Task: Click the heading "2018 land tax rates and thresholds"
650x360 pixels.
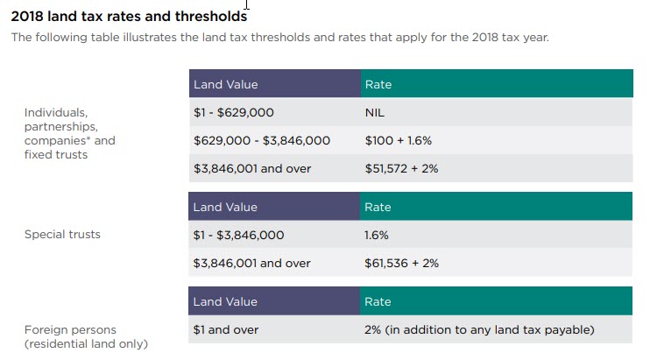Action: (x=128, y=16)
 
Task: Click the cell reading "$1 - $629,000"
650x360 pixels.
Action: (x=234, y=113)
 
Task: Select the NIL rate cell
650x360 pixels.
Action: (x=375, y=113)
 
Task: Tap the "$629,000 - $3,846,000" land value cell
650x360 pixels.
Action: (x=261, y=140)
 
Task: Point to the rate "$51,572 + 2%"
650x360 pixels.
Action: (x=401, y=168)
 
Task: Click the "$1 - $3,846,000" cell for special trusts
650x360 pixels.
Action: (x=238, y=236)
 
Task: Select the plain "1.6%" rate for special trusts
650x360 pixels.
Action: (x=377, y=236)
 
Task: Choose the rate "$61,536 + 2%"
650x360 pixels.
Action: (x=401, y=263)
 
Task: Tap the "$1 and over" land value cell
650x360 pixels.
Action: (x=226, y=329)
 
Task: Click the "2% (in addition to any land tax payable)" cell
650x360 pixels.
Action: (x=479, y=329)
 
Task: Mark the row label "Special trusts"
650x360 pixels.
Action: (x=62, y=235)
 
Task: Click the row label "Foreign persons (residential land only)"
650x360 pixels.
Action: (x=86, y=336)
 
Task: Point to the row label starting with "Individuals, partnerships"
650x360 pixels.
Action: (x=69, y=133)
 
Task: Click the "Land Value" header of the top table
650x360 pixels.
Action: (x=225, y=85)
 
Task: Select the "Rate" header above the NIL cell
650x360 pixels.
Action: (x=378, y=85)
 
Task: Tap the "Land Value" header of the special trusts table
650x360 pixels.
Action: (x=225, y=208)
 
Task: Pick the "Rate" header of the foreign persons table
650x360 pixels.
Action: (x=378, y=301)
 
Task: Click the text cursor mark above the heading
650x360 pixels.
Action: (x=248, y=4)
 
